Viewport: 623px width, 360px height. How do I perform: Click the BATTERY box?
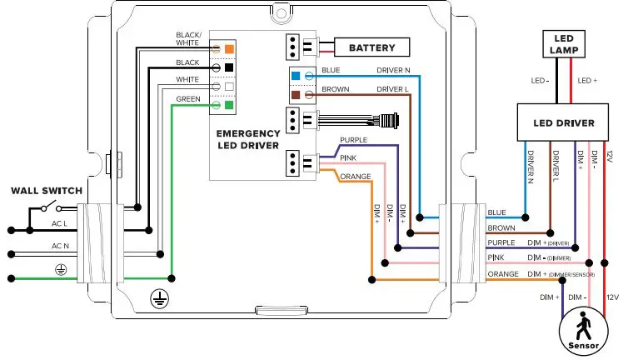[x=371, y=47]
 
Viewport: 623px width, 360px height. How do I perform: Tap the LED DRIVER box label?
[x=564, y=123]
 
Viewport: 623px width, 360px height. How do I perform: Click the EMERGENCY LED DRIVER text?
[x=247, y=140]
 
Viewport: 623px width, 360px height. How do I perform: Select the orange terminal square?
[x=229, y=48]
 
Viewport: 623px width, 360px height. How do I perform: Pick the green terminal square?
[x=229, y=106]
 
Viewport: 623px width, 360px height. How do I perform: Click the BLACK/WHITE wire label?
[x=188, y=39]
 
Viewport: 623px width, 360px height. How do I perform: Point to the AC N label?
[x=60, y=246]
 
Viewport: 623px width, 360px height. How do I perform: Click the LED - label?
[x=540, y=81]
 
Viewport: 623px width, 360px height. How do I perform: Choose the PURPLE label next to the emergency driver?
[x=352, y=140]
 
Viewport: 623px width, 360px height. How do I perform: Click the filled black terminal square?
[x=229, y=67]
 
